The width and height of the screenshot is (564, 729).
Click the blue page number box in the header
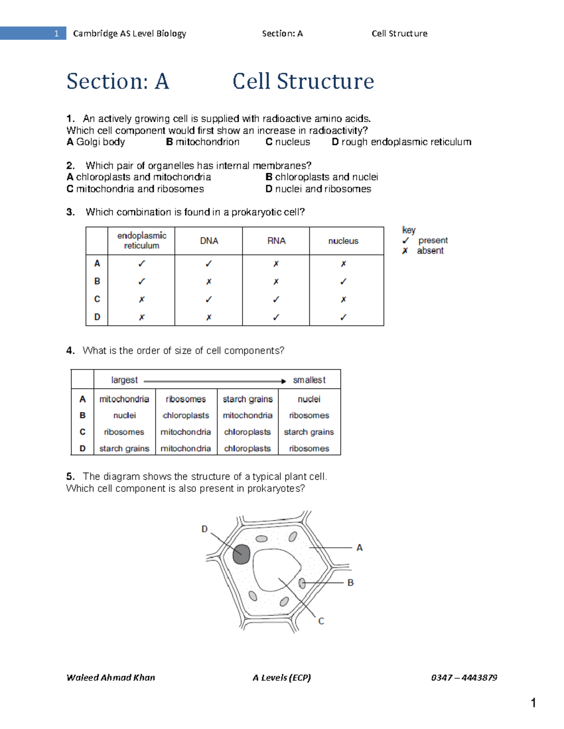point(33,33)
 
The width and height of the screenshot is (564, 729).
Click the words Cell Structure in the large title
point(303,81)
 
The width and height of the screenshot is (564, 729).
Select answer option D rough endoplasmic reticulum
point(401,142)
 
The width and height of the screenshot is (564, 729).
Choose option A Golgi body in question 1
point(96,142)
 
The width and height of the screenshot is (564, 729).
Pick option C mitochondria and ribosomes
point(135,189)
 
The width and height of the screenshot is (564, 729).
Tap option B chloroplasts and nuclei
point(321,177)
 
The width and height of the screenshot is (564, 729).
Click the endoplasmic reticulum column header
point(141,240)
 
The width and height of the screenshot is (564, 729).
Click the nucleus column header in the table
point(343,241)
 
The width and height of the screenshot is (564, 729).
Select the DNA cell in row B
point(209,282)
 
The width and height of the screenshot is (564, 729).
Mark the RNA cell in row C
point(276,299)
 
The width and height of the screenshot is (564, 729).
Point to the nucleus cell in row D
point(344,317)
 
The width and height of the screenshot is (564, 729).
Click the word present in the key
point(433,240)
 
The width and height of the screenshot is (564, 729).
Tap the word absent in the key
point(430,251)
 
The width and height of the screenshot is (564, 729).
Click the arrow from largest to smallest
point(215,381)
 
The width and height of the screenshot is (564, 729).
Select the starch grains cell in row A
point(248,399)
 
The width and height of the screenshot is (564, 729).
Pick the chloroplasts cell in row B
point(186,415)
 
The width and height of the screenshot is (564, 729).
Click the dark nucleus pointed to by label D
point(241,554)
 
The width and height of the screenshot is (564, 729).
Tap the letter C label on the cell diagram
point(321,621)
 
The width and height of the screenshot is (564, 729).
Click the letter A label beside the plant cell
point(360,547)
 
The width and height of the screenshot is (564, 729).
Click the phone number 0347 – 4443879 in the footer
point(464,677)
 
